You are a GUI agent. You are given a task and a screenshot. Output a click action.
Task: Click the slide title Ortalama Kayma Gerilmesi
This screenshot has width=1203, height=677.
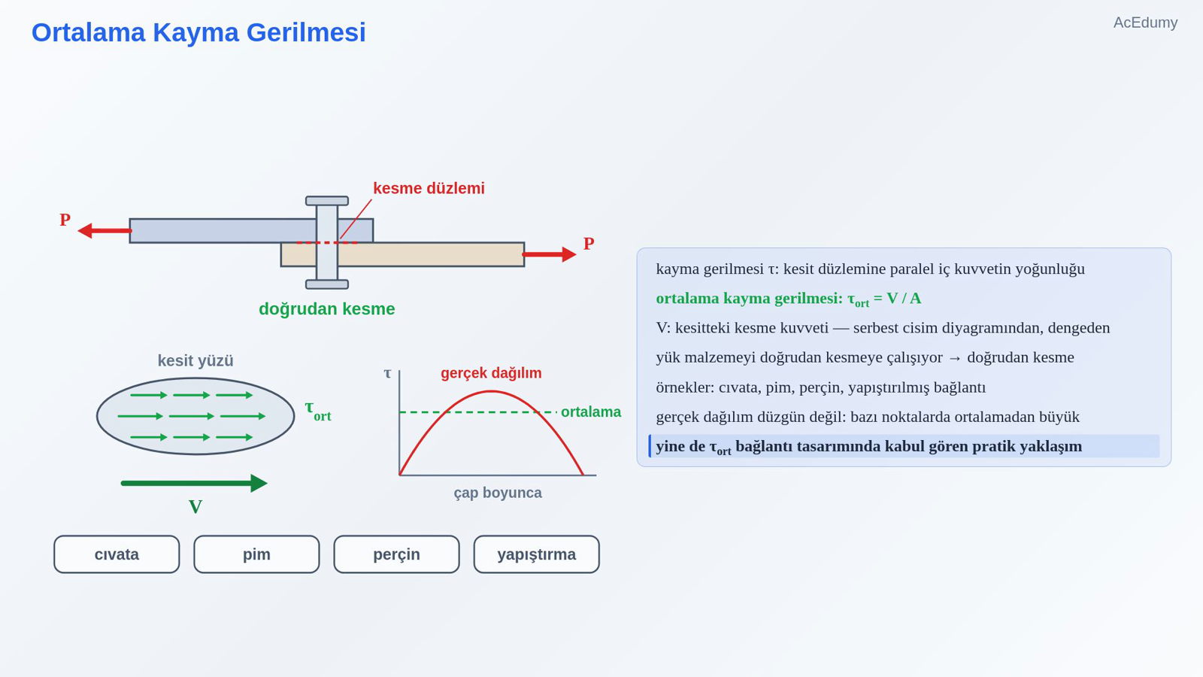click(198, 33)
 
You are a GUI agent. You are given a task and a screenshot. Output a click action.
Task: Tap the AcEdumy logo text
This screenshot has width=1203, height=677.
click(1145, 23)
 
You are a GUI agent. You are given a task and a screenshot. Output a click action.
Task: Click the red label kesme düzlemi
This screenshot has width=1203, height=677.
click(429, 189)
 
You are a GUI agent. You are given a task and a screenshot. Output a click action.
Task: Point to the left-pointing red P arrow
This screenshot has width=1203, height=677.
click(105, 230)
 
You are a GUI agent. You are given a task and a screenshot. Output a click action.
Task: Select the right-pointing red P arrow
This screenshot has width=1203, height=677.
click(550, 254)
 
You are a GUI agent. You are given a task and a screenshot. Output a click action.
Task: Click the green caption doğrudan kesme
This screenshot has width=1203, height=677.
click(326, 309)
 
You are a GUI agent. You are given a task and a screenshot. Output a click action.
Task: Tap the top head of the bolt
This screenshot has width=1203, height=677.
click(327, 201)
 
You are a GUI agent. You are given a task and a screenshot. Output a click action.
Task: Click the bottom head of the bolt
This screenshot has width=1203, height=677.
click(327, 284)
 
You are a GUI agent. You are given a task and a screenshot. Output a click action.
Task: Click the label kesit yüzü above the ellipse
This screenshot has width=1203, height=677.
click(195, 360)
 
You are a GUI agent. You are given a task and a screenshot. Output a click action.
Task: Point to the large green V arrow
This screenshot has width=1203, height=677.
click(195, 483)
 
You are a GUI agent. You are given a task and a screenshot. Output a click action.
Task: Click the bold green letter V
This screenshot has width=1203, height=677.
click(195, 507)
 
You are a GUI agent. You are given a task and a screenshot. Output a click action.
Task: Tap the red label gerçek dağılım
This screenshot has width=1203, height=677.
click(491, 373)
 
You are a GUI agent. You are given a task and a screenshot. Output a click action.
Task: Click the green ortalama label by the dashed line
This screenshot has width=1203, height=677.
click(591, 412)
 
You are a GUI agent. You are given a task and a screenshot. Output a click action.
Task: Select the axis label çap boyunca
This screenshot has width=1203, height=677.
click(498, 493)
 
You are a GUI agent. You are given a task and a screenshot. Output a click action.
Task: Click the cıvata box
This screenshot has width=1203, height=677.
click(117, 554)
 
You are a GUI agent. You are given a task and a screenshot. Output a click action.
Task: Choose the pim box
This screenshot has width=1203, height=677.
click(256, 554)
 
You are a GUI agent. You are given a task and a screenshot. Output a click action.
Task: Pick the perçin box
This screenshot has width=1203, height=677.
click(396, 554)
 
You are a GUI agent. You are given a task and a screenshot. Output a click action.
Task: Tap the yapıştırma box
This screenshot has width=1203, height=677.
click(537, 554)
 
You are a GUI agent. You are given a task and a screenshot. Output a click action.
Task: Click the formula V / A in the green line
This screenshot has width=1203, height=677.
click(904, 298)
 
